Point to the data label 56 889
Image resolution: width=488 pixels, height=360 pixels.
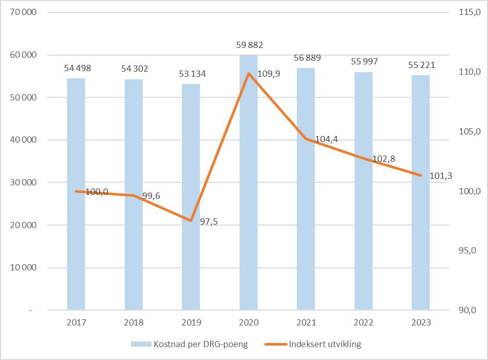[x=307, y=58]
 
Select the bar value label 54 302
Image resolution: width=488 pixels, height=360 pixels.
[x=133, y=68]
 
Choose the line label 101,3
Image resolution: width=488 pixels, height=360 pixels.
[x=441, y=176]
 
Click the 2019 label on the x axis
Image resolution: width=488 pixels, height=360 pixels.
[x=191, y=323]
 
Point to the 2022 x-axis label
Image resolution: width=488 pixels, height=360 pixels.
[x=363, y=323]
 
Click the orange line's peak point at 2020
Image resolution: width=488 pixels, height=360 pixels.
[x=248, y=73]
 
